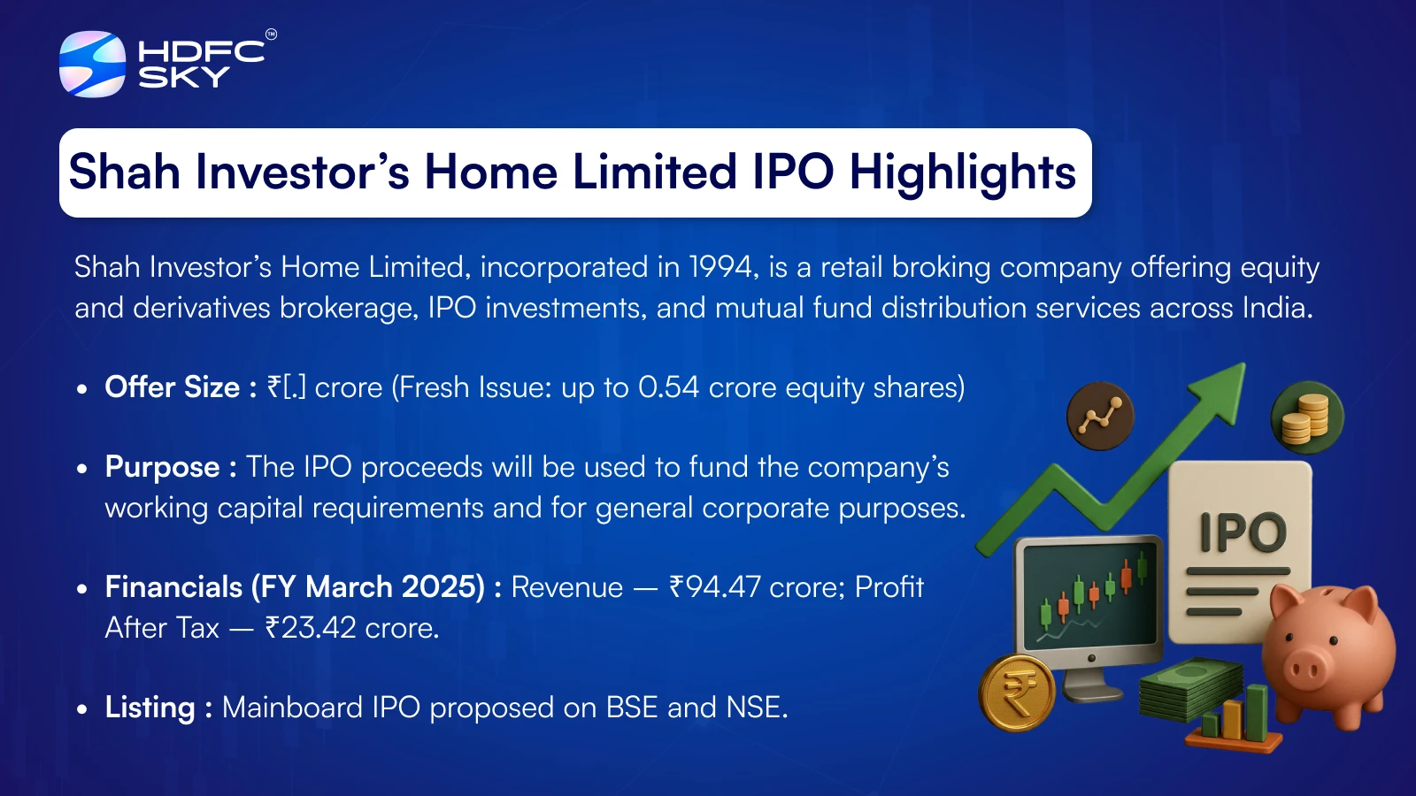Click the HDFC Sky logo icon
92,64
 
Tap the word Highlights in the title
963,173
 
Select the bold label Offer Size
173,387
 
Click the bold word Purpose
163,467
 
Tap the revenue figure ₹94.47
715,587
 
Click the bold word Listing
150,707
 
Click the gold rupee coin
1017,693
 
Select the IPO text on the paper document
1243,532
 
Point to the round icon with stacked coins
1307,417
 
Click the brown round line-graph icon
1101,417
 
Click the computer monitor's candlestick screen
1089,596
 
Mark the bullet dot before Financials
81,589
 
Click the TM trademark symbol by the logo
271,34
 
